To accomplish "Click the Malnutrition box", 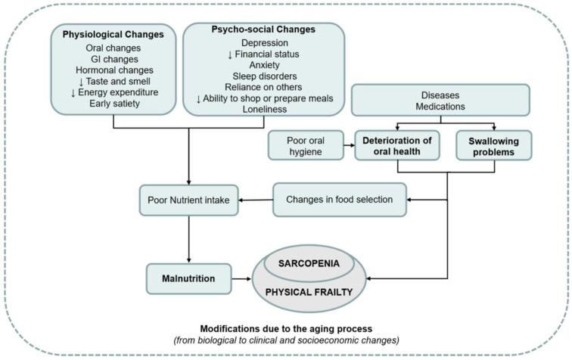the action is tap(189, 278).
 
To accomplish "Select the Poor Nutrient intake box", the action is tap(189, 200).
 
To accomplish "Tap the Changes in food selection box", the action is tap(340, 200).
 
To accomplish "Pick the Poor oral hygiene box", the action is tap(306, 145).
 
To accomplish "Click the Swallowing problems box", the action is tap(494, 145).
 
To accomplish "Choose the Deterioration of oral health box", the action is tap(397, 145).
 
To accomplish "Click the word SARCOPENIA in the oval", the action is tap(309, 263).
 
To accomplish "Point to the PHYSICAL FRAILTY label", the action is tap(309, 292).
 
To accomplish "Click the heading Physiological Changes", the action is tap(113, 34).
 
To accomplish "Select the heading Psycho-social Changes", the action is tap(263, 29).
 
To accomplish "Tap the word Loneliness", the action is tap(265, 109).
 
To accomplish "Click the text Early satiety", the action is tap(114, 103).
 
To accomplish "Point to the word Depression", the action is tap(265, 43).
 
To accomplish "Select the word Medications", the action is tap(440, 107).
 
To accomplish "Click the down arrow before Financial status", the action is tap(230, 54).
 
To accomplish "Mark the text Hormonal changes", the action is tap(114, 70).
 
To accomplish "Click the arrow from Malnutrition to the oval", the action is tap(241, 279).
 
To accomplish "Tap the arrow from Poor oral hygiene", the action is tap(349, 145).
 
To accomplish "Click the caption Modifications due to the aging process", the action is tap(286, 329).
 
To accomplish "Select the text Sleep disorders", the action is tap(265, 76).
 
